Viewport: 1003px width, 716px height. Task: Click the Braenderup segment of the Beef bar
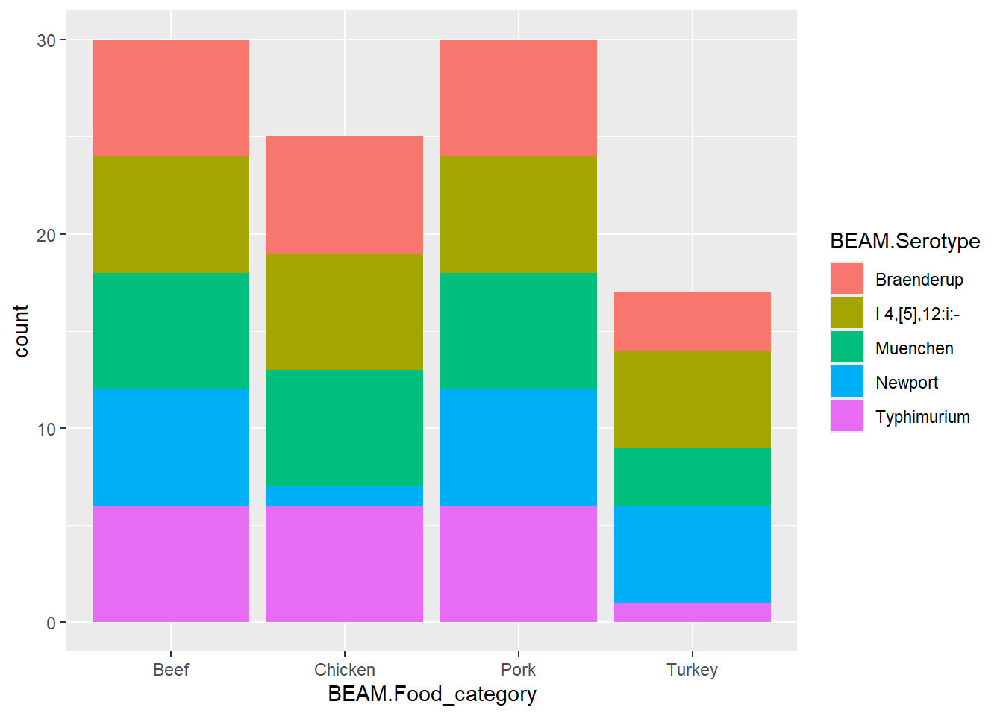[171, 98]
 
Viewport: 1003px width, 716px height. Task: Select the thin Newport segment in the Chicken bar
[345, 496]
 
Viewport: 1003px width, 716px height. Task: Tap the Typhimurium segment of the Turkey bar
[692, 612]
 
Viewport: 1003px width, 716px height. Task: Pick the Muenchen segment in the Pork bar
[519, 330]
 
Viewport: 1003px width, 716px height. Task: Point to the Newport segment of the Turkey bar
[692, 553]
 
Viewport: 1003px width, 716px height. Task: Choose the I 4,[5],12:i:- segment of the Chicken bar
[345, 311]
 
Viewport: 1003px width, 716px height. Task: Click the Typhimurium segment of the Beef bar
[171, 564]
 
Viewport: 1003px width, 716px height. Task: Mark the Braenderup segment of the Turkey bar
[692, 321]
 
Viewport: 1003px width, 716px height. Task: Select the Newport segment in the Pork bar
[519, 447]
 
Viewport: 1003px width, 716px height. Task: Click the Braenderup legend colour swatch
[846, 279]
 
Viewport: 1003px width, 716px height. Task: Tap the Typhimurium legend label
[922, 417]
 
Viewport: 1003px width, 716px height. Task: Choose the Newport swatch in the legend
[846, 382]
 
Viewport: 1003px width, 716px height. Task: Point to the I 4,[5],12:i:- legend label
[917, 314]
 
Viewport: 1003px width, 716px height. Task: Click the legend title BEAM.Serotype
[904, 241]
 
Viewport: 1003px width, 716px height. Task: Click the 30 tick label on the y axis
[46, 40]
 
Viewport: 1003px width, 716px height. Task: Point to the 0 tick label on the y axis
[51, 623]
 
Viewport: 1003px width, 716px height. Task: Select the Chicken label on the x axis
[345, 670]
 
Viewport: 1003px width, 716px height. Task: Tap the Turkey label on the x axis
[692, 670]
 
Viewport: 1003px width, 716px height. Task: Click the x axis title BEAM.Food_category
[432, 694]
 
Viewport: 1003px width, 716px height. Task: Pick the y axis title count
[21, 331]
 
